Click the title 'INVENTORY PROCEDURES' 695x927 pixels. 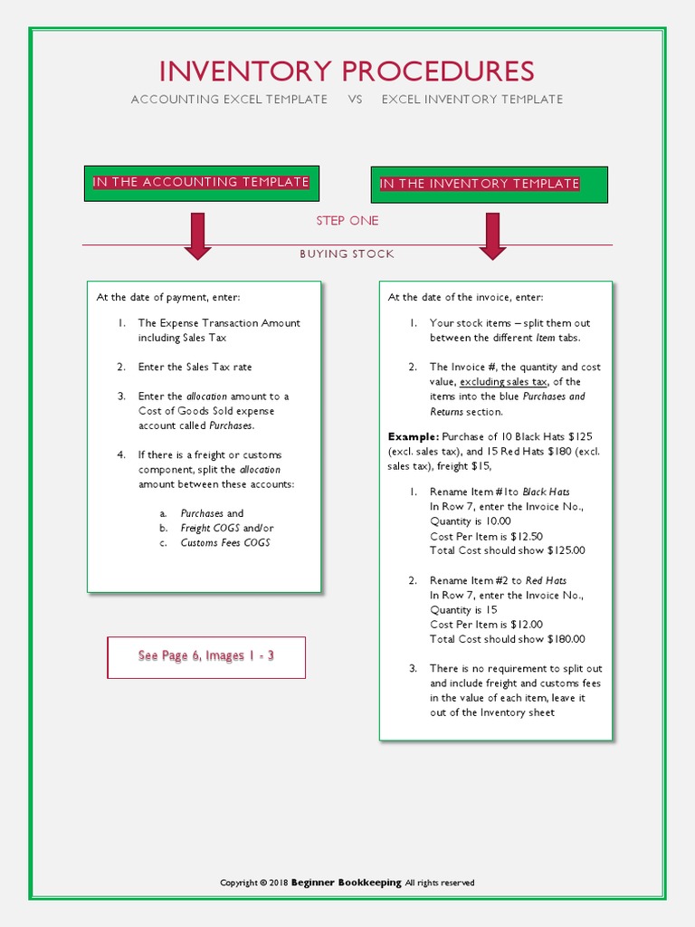[347, 71]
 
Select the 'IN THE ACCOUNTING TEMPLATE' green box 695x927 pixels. [201, 183]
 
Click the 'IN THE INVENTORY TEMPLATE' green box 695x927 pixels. [489, 185]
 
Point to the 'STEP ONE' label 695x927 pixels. [347, 221]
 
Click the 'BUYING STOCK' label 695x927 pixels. [347, 254]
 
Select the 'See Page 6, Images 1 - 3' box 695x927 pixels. [206, 656]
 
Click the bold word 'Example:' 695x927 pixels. [413, 436]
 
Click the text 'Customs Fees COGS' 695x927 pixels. [225, 543]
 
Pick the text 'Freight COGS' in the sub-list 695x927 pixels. [210, 528]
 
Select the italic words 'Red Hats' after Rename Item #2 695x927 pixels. [546, 580]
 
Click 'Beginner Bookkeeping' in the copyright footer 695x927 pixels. [346, 883]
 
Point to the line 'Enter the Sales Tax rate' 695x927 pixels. [195, 367]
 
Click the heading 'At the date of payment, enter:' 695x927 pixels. [169, 297]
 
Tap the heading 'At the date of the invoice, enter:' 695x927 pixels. [466, 297]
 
